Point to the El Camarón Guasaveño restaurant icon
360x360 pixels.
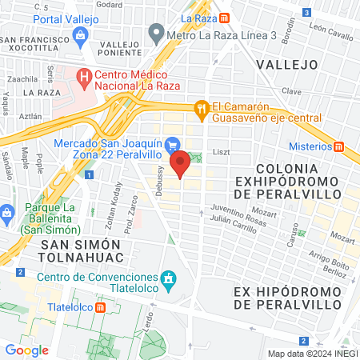[x=202, y=108]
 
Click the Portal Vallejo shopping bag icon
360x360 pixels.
[x=80, y=34]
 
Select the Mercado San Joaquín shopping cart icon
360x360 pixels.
[x=173, y=144]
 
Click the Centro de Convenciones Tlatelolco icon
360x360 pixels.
[x=167, y=278]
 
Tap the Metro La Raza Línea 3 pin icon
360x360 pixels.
[x=156, y=34]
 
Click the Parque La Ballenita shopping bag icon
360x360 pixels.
[x=8, y=213]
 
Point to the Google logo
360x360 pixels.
[x=26, y=350]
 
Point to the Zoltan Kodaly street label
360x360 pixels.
[x=113, y=208]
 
